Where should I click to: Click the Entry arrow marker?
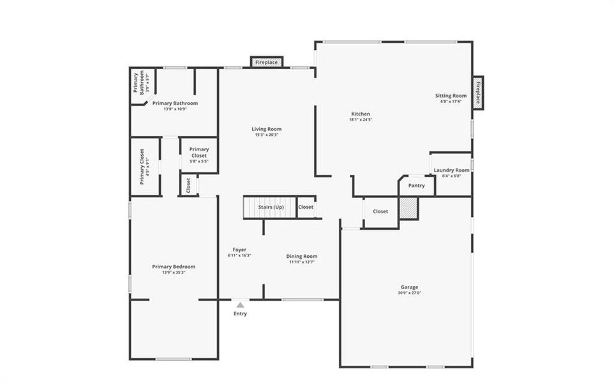click(240, 305)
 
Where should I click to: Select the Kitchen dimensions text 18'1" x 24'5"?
click(360, 119)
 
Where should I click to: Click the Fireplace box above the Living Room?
click(266, 62)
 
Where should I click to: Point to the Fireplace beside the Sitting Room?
click(477, 93)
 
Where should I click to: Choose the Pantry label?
click(416, 186)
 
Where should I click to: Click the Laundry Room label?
click(451, 170)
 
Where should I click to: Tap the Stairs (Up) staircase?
click(270, 207)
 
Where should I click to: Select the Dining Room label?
click(301, 256)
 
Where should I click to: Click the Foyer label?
click(239, 250)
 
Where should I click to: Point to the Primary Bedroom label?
click(174, 267)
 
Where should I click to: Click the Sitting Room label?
click(451, 96)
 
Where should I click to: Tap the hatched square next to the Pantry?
click(408, 208)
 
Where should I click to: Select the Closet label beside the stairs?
click(306, 207)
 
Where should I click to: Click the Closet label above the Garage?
click(380, 211)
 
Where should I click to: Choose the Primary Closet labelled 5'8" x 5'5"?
click(199, 155)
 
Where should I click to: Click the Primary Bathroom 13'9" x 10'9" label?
click(175, 103)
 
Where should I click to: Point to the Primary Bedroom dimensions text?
click(174, 273)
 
